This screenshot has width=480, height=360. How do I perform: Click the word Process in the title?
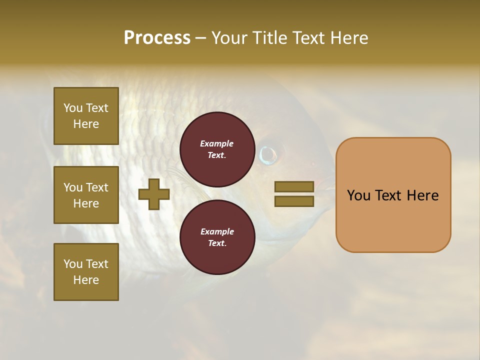[157, 38]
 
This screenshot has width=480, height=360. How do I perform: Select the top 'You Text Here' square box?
[86, 116]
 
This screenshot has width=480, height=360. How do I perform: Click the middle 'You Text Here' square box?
[86, 195]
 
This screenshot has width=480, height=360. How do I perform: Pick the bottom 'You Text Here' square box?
[86, 271]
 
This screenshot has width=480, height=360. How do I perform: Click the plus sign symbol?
[154, 194]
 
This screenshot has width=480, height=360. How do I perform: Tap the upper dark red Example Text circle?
[217, 149]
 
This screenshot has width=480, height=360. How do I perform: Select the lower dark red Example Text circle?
[217, 237]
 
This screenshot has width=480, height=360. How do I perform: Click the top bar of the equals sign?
[294, 187]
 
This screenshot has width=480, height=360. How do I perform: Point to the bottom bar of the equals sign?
[294, 201]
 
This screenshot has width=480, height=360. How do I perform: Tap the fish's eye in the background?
[268, 154]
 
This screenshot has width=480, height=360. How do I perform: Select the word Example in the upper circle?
[217, 143]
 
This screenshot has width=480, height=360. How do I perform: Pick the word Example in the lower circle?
[217, 231]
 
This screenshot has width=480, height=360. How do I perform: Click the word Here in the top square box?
[86, 124]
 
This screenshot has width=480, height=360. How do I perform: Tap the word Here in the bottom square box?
[86, 280]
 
